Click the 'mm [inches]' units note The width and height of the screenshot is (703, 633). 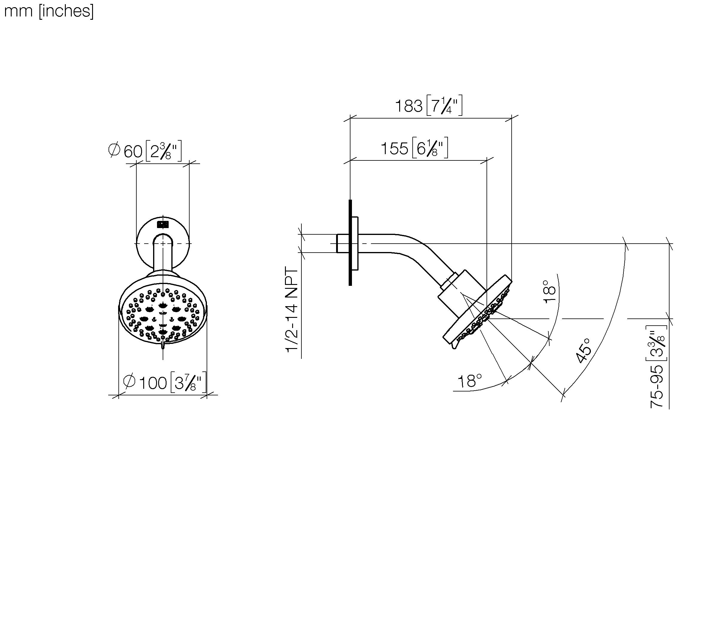(x=49, y=11)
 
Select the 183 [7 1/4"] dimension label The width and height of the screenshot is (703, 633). (x=429, y=105)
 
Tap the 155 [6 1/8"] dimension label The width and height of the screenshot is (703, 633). (x=414, y=148)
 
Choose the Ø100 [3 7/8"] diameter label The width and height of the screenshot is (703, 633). (x=165, y=382)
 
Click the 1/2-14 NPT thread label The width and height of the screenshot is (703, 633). (x=292, y=309)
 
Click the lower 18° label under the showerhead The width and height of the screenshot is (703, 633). (x=470, y=381)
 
